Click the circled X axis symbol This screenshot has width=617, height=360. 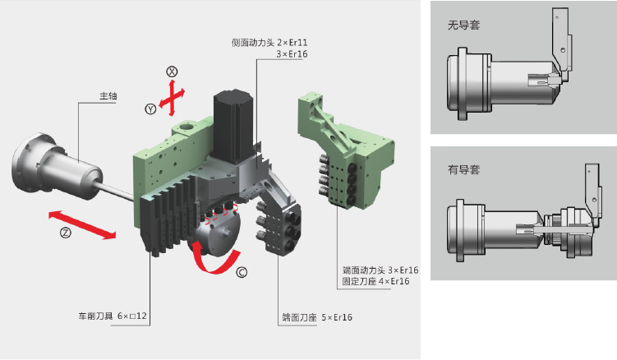point(173,72)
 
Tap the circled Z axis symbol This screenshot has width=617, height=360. point(66,233)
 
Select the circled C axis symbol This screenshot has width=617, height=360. point(241,270)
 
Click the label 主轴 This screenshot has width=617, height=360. point(108,95)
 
